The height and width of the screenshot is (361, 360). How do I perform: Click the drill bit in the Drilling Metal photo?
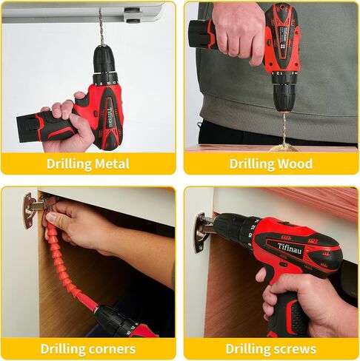pos(101,27)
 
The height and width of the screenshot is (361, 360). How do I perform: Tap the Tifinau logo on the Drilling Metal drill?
pos(110,118)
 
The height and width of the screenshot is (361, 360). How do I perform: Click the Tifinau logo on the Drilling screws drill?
pos(290,249)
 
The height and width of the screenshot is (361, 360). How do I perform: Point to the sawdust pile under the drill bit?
pos(284,148)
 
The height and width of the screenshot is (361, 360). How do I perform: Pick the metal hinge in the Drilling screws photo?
pos(202,233)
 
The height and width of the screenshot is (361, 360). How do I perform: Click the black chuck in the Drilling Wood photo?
pos(284,98)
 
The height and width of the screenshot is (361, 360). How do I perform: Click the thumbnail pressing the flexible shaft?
pos(51,217)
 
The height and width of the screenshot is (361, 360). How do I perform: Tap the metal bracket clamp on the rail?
pos(131,16)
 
